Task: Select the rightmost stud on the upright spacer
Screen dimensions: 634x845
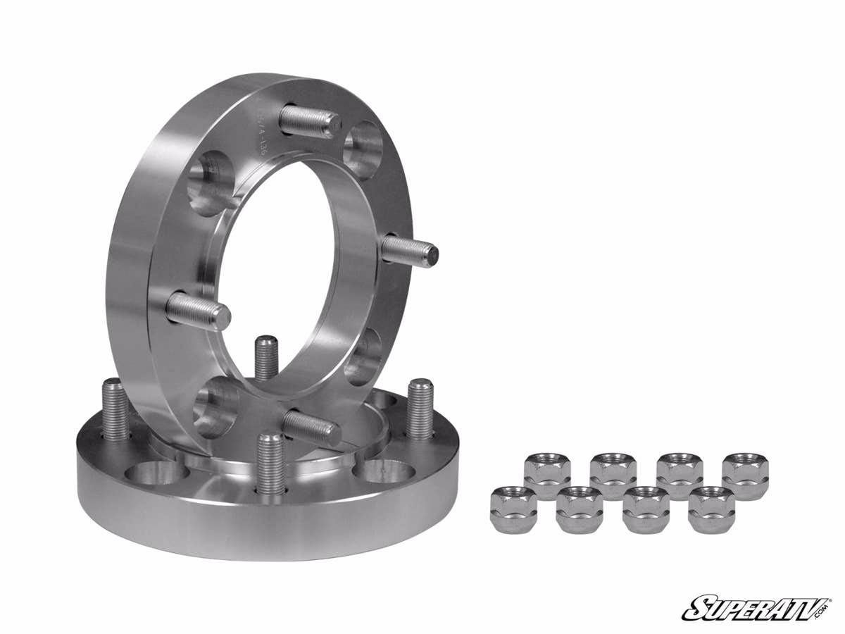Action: point(409,251)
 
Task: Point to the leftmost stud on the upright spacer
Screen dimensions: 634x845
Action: point(198,310)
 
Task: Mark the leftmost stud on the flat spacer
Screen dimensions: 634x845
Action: point(115,409)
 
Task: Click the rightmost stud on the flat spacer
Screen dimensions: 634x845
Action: point(420,409)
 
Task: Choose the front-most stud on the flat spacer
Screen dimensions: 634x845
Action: point(271,462)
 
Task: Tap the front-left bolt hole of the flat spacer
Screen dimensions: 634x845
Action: point(156,473)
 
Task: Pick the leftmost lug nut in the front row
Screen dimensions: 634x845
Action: point(513,509)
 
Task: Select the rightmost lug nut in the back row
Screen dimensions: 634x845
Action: point(745,476)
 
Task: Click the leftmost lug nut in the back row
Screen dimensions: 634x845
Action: point(547,475)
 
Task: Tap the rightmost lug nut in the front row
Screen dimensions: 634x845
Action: point(711,509)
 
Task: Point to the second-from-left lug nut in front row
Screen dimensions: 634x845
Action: point(579,509)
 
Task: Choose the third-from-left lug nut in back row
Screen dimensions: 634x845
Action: point(679,476)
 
